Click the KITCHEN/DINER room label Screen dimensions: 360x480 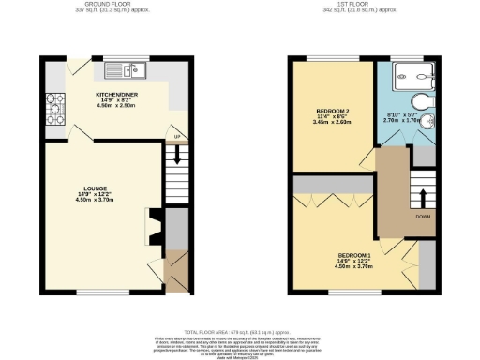117,95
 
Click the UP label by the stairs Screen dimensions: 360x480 176,138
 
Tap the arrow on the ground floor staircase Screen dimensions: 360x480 176,172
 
